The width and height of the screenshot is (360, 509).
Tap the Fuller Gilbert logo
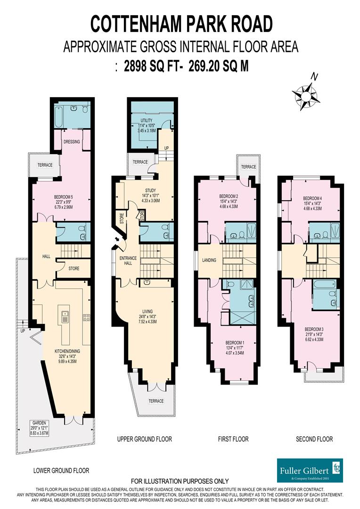pyautogui.click(x=310, y=470)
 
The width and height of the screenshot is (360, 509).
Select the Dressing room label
pyautogui.click(x=71, y=141)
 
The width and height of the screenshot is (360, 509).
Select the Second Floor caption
pyautogui.click(x=314, y=439)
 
